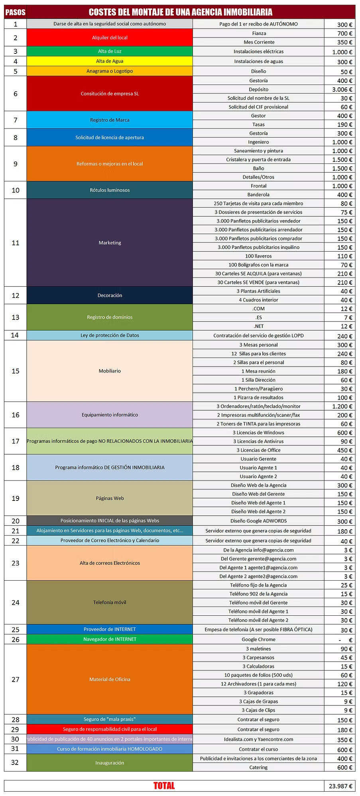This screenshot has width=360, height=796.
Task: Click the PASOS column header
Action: pyautogui.click(x=15, y=12)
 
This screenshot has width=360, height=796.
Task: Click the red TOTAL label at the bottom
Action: pyautogui.click(x=164, y=786)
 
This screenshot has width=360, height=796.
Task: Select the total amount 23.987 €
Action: pyautogui.click(x=340, y=786)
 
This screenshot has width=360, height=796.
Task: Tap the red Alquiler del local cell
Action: pyautogui.click(x=110, y=37)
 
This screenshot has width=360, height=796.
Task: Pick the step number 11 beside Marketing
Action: pyautogui.click(x=16, y=243)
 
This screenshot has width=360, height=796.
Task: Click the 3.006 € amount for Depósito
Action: pyautogui.click(x=340, y=89)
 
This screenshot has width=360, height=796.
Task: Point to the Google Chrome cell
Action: pyautogui.click(x=258, y=639)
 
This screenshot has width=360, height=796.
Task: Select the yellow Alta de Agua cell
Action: pyautogui.click(x=110, y=61)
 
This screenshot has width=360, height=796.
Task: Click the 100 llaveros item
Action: pyautogui.click(x=258, y=256)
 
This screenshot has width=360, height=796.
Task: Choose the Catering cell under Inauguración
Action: pyautogui.click(x=258, y=767)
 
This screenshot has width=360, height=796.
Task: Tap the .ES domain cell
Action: pyautogui.click(x=258, y=317)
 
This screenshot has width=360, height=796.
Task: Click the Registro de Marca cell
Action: pyautogui.click(x=110, y=120)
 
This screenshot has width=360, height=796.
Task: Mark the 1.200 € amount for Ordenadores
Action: pyautogui.click(x=340, y=406)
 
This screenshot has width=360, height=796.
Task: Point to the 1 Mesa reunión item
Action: pyautogui.click(x=258, y=371)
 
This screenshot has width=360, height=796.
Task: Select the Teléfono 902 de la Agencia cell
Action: pyautogui.click(x=258, y=594)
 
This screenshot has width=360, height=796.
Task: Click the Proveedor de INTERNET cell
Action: pyautogui.click(x=110, y=629)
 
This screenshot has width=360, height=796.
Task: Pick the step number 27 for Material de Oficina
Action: pyautogui.click(x=16, y=679)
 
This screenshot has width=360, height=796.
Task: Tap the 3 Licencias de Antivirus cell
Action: pyautogui.click(x=258, y=441)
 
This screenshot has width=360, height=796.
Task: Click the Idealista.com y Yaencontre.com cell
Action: pyautogui.click(x=258, y=739)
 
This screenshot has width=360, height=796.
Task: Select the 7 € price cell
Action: pyautogui.click(x=340, y=317)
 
